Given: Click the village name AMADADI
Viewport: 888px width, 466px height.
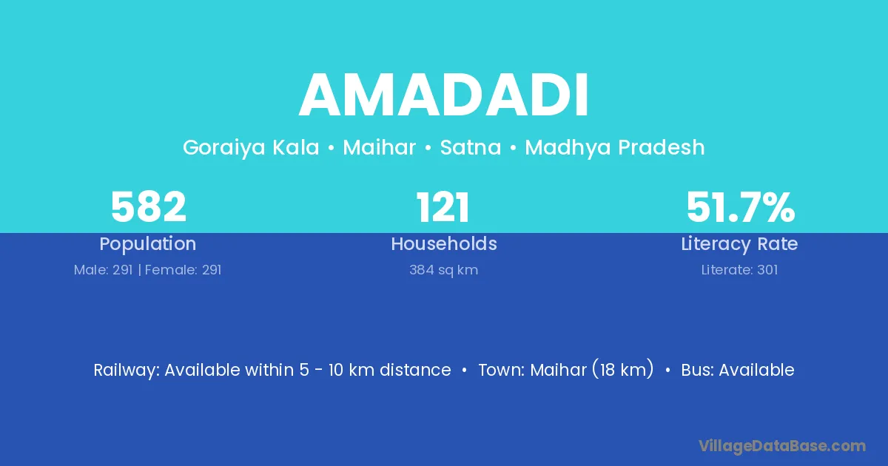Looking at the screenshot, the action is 443,95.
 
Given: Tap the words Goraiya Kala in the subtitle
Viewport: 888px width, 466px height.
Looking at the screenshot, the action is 251,148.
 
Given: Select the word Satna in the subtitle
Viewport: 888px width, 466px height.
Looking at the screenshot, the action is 471,147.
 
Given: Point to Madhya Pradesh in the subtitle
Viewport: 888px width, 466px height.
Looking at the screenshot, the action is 615,147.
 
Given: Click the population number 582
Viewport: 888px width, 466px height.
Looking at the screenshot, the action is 148,207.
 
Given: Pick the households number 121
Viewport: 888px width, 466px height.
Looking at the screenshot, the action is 443,207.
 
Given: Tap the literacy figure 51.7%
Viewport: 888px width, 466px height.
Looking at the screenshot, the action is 741,207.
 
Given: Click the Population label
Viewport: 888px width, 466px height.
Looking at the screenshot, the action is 148,244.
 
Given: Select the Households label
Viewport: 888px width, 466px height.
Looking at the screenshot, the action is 444,243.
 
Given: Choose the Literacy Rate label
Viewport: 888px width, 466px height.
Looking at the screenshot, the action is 739,244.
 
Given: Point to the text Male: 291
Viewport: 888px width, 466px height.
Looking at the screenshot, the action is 103,270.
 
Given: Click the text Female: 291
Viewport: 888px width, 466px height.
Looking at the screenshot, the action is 184,270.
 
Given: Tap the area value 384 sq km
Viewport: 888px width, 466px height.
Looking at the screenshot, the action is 443,270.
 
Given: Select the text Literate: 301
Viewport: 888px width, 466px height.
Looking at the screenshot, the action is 739,270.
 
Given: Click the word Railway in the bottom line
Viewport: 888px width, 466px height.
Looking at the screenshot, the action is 127,371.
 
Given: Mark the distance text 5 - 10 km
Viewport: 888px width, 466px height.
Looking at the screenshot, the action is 337,370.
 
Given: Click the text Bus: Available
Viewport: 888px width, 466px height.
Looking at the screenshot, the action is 738,370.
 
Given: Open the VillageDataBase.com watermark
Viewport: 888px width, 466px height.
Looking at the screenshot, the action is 782,446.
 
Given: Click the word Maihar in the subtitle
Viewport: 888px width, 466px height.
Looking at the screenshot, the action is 380,147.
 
